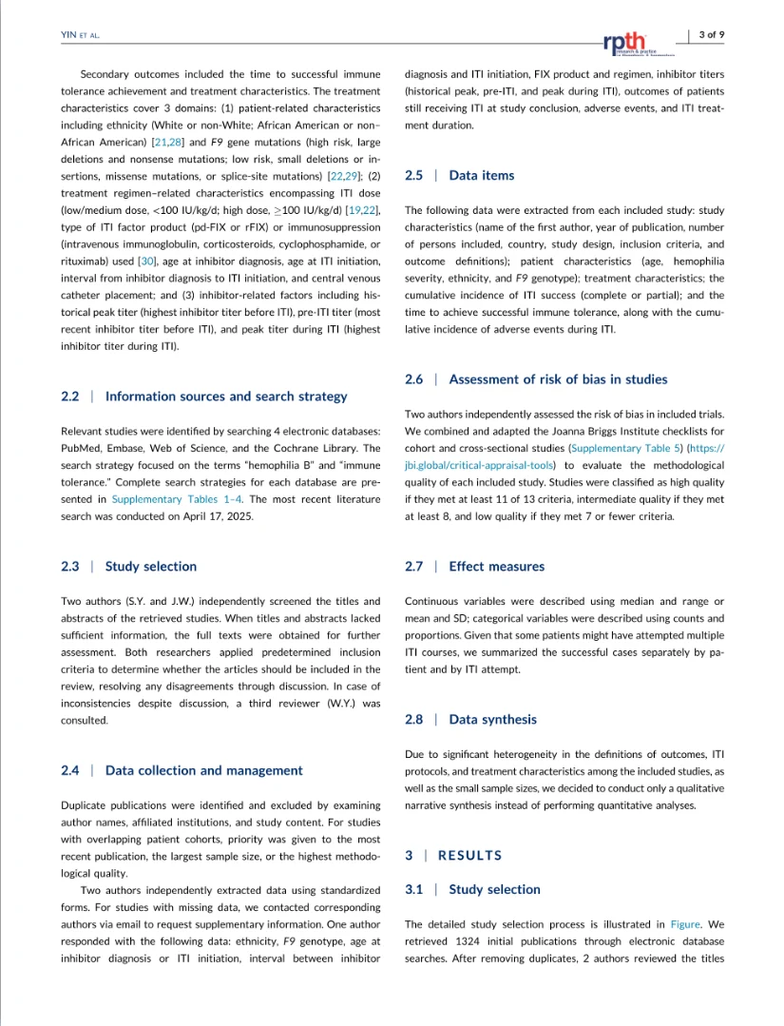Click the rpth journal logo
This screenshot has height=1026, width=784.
(x=624, y=43)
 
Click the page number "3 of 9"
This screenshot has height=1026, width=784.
(x=712, y=35)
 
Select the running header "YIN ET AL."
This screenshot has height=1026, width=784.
(x=80, y=35)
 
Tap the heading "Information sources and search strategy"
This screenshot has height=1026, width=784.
(x=226, y=397)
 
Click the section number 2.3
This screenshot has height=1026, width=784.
(x=69, y=566)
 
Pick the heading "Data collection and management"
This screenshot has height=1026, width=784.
(x=204, y=770)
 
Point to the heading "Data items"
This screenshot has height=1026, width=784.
(x=481, y=175)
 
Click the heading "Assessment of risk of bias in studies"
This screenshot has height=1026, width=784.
(x=558, y=379)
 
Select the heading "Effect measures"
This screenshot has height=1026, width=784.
(x=496, y=566)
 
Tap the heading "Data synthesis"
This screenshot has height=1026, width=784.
(x=492, y=720)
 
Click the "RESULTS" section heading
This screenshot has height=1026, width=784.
(x=469, y=856)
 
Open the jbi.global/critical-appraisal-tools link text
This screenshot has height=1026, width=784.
(x=481, y=466)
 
